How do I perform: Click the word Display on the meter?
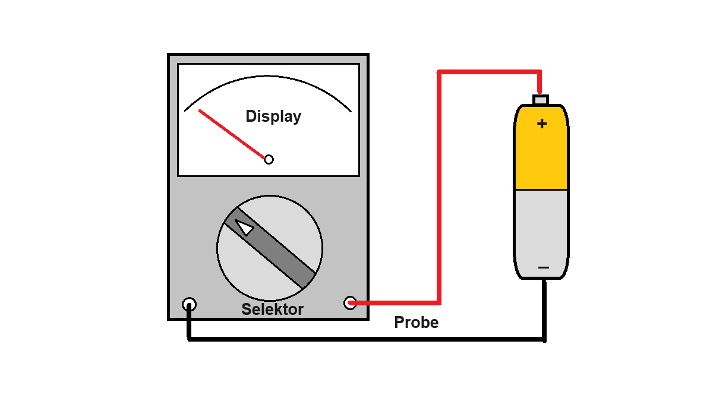pos(273,116)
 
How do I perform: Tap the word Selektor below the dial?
pos(272,310)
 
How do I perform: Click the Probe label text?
pos(417,323)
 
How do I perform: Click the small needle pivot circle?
pos(269,159)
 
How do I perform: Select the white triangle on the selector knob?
pos(244,228)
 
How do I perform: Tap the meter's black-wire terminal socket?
pos(189,305)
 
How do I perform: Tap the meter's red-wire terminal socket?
pos(350,303)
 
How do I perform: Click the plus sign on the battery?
pos(541,124)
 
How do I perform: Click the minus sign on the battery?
pos(543,268)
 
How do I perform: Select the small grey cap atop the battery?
pos(541,100)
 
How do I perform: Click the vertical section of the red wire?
pos(439,190)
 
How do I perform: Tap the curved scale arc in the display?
pos(267,77)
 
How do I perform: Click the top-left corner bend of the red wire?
pos(440,73)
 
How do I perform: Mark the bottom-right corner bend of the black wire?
pos(544,339)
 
